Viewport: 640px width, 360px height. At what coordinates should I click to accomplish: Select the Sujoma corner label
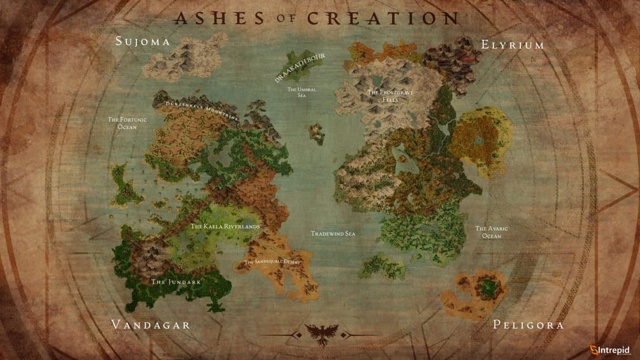[x=142, y=42]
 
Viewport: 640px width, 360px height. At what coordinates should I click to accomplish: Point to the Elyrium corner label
[x=512, y=45]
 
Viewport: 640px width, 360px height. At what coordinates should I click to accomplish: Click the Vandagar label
[x=150, y=325]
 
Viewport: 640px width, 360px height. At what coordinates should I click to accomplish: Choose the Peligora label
[x=528, y=325]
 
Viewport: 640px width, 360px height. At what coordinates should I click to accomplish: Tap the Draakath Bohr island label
[x=300, y=67]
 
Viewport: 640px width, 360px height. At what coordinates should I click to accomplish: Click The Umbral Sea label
[x=302, y=92]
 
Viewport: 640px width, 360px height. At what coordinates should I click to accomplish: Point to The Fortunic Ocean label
[x=123, y=123]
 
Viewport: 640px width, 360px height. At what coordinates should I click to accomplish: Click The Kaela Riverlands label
[x=225, y=227]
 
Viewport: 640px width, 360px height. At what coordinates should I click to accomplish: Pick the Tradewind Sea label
[x=333, y=234]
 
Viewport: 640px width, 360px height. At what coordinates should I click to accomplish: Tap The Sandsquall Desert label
[x=273, y=262]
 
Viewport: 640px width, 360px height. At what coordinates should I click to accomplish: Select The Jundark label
[x=168, y=282]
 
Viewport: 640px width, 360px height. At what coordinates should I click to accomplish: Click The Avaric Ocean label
[x=491, y=232]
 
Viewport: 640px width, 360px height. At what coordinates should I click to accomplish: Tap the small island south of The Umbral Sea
[x=316, y=133]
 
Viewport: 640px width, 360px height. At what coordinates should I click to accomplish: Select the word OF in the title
[x=284, y=19]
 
